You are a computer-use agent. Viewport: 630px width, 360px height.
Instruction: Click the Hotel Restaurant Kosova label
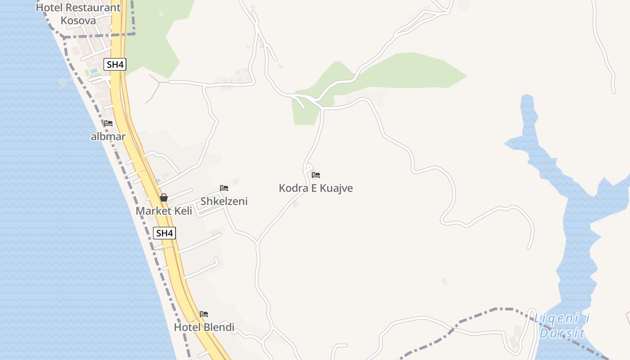pyautogui.click(x=78, y=13)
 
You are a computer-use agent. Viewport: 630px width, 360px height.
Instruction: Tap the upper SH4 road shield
pyautogui.click(x=115, y=64)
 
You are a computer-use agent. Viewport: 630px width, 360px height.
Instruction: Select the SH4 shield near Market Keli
pyautogui.click(x=164, y=233)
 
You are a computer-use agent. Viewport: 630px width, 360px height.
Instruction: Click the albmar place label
pyautogui.click(x=108, y=136)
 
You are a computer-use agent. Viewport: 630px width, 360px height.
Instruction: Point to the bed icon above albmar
pyautogui.click(x=108, y=123)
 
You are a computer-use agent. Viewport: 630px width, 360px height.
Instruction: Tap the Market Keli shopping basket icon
pyautogui.click(x=164, y=198)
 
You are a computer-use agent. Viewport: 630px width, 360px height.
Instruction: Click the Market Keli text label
pyautogui.click(x=164, y=211)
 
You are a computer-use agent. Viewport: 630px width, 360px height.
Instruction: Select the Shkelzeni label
pyautogui.click(x=224, y=201)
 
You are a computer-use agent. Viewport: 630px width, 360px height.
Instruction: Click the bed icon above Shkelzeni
pyautogui.click(x=224, y=188)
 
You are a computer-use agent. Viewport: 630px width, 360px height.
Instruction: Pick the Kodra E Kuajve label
pyautogui.click(x=316, y=188)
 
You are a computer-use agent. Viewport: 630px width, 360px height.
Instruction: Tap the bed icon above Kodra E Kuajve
pyautogui.click(x=316, y=175)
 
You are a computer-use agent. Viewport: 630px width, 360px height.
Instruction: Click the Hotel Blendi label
pyautogui.click(x=204, y=327)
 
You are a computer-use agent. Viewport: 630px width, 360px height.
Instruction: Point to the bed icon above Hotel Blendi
pyautogui.click(x=204, y=314)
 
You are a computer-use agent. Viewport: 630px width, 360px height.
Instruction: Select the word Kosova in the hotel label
pyautogui.click(x=78, y=20)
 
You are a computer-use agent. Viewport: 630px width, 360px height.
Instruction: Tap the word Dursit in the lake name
pyautogui.click(x=562, y=333)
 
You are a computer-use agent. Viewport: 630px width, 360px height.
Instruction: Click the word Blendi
pyautogui.click(x=219, y=327)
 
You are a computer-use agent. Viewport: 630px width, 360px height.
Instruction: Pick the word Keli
pyautogui.click(x=184, y=211)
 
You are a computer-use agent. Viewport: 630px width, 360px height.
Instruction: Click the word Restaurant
pyautogui.click(x=98, y=8)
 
